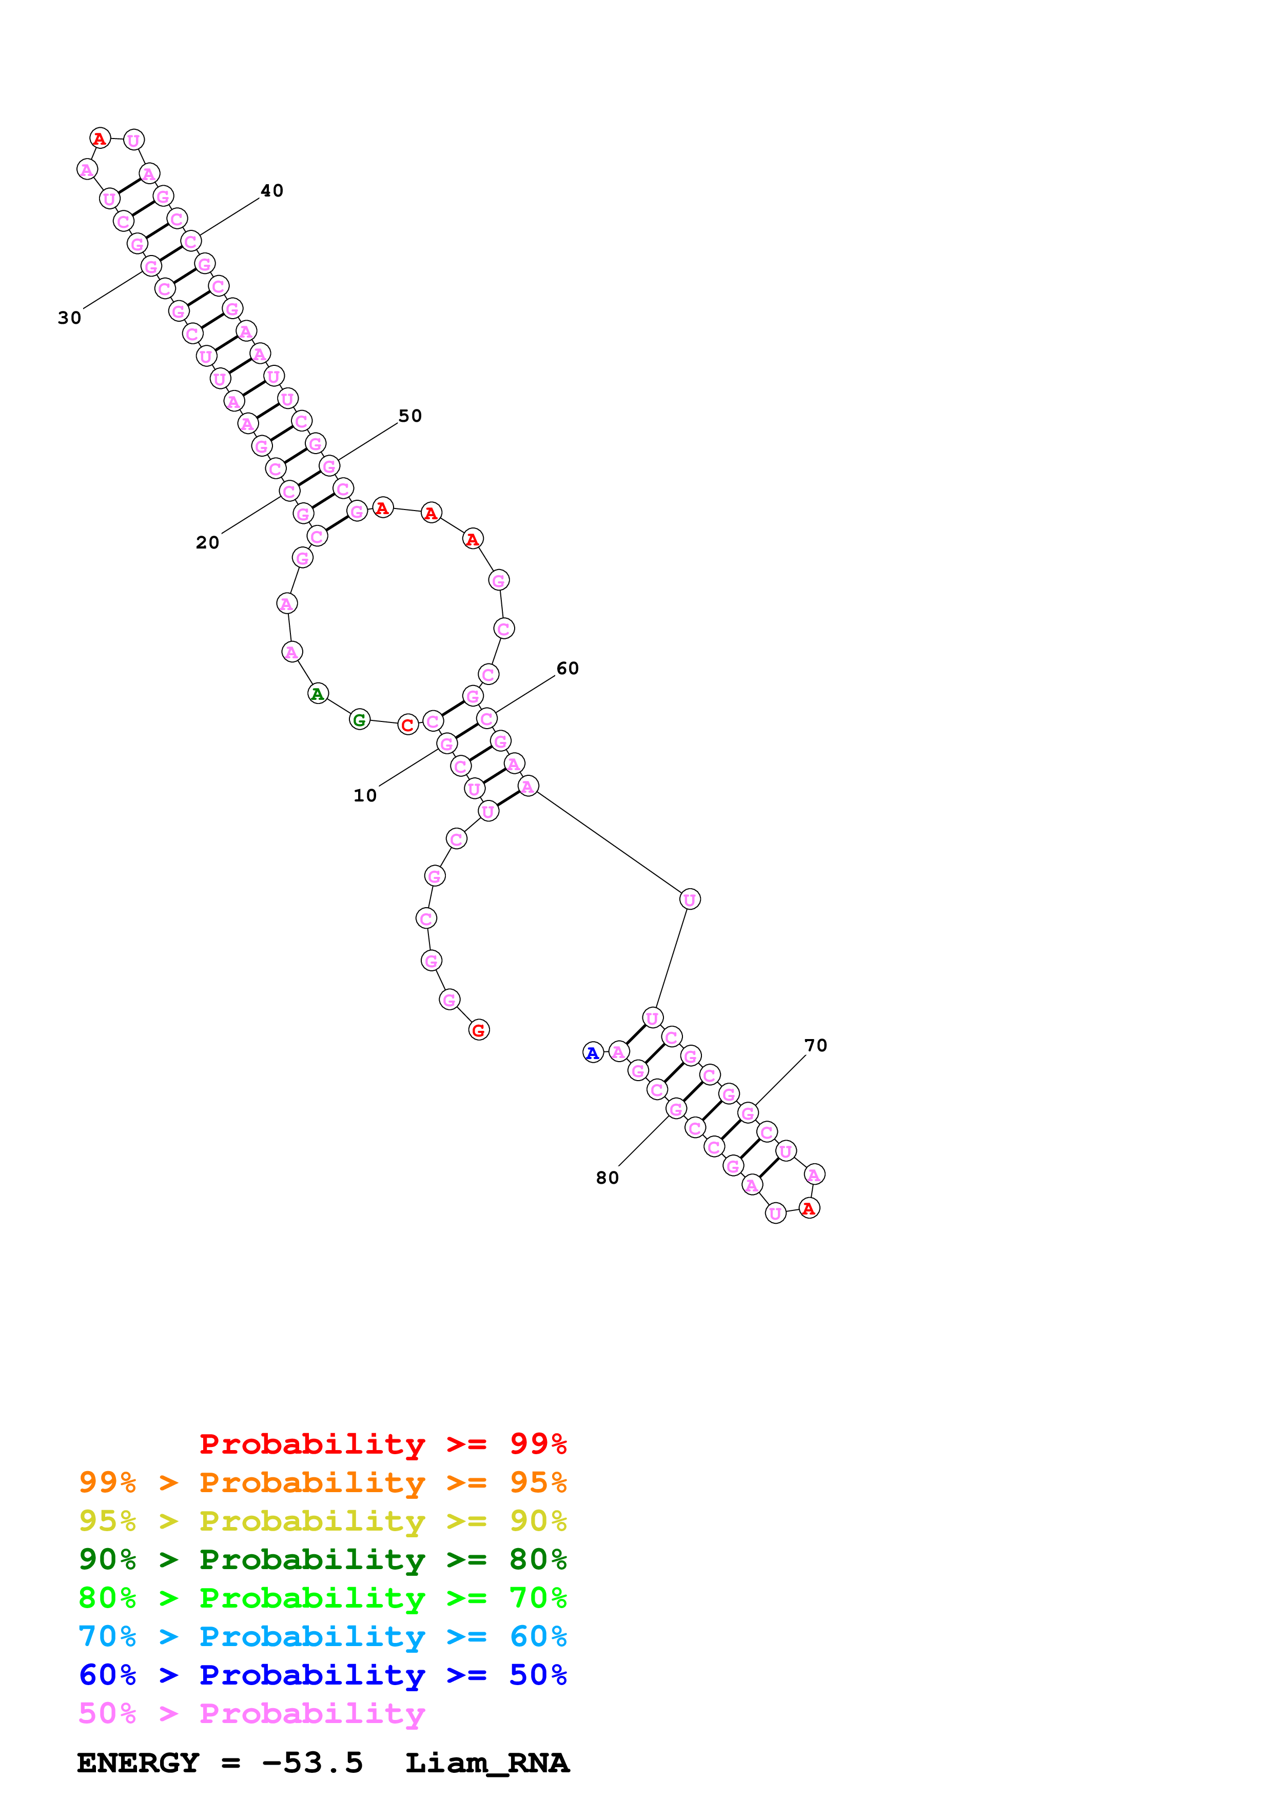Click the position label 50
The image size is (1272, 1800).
[410, 416]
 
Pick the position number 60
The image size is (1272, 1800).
[567, 668]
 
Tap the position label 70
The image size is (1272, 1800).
[815, 1045]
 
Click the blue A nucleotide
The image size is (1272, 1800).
[593, 1053]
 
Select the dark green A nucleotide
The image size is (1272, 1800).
[318, 694]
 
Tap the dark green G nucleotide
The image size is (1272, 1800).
[359, 720]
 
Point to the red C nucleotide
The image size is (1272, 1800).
[407, 725]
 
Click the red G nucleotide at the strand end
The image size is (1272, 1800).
[479, 1030]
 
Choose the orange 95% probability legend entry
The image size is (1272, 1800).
[322, 1482]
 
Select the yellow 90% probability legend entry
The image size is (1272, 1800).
[322, 1521]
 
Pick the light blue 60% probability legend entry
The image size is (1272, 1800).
[322, 1636]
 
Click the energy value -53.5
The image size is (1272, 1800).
[312, 1763]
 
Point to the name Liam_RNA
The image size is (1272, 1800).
[487, 1763]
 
